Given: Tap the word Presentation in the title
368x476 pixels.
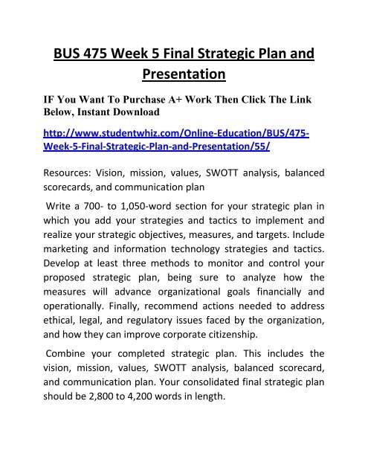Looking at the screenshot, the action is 184,75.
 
